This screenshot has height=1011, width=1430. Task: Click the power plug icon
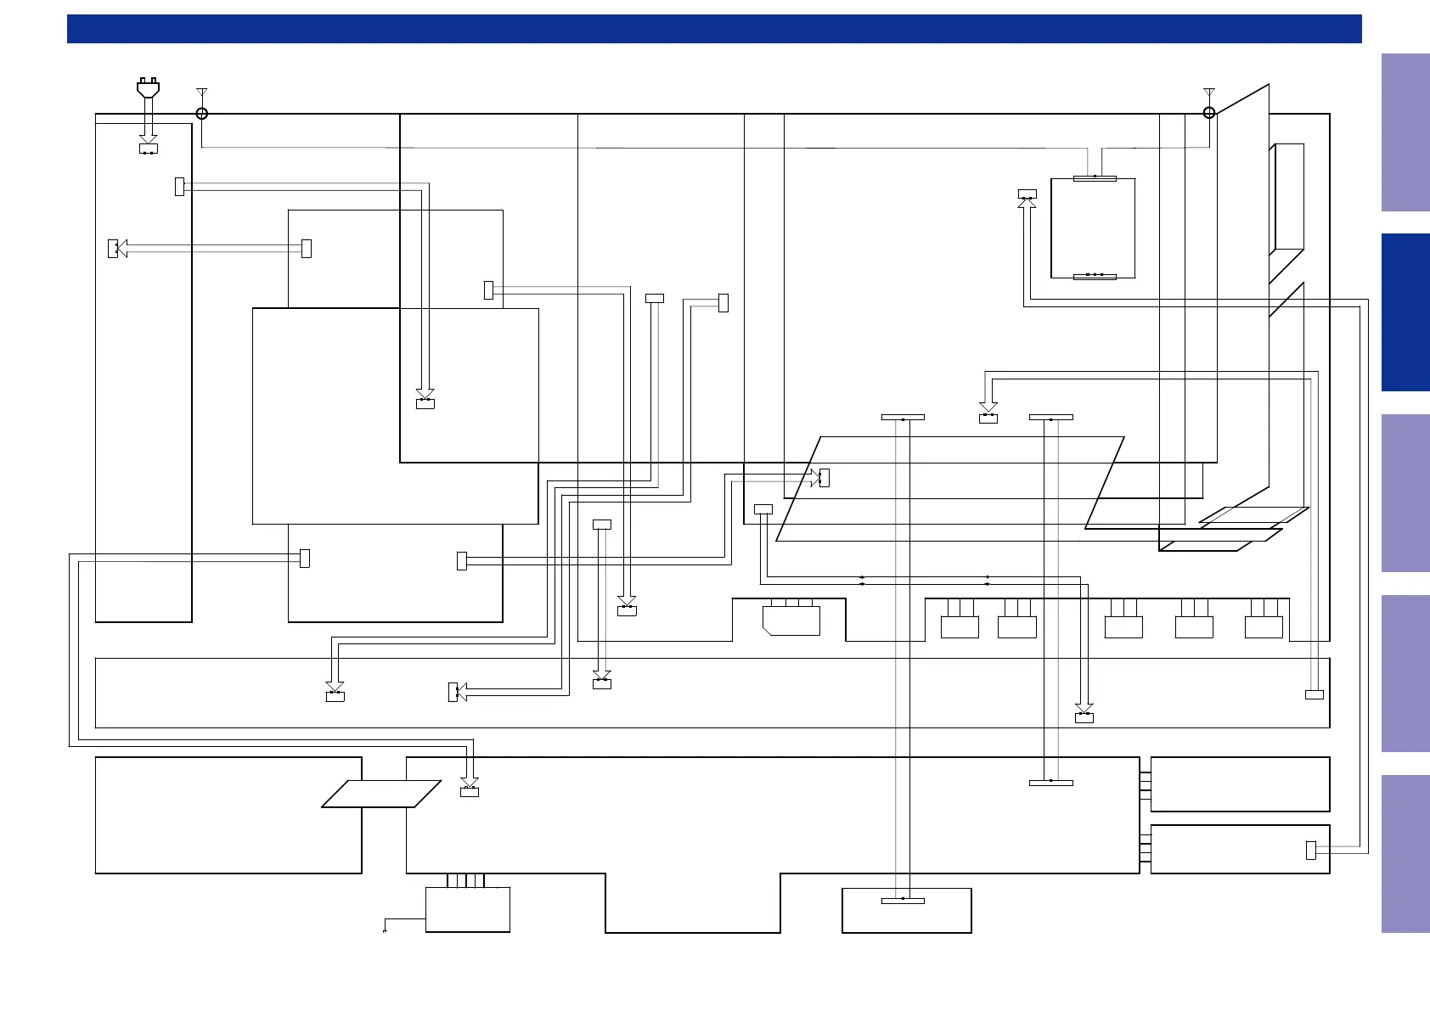[149, 87]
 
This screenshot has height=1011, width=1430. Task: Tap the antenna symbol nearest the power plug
[201, 92]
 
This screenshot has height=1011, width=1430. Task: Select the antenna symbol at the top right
[1209, 92]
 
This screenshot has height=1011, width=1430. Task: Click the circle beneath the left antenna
[202, 113]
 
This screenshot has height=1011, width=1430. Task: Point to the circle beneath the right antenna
[1209, 112]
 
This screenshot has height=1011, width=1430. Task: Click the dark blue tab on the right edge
[1405, 312]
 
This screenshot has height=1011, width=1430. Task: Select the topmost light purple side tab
[1405, 132]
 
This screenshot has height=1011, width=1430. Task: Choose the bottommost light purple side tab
[1405, 854]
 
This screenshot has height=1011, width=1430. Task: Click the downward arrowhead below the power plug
[149, 138]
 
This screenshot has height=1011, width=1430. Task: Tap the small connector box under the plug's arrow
[149, 149]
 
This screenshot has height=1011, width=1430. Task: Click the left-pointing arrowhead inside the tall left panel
[121, 248]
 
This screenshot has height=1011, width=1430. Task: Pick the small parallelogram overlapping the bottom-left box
[381, 794]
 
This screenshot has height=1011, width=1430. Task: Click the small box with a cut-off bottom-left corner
[791, 621]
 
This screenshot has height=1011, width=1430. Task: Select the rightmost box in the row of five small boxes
[1264, 627]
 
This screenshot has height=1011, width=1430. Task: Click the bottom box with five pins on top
[467, 909]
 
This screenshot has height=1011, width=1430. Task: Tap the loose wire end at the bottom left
[385, 931]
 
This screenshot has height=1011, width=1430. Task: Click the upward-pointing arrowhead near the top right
[1027, 203]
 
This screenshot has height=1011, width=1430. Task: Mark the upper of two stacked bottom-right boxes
[1240, 784]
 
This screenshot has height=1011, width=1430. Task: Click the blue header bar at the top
[714, 29]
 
